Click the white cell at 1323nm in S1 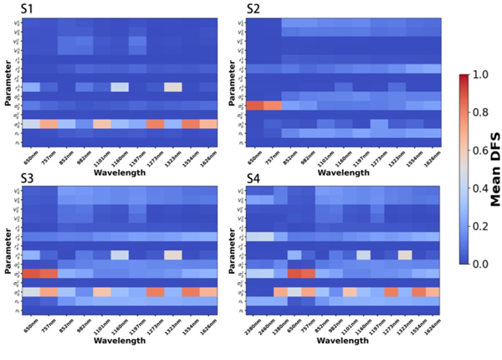click(172, 86)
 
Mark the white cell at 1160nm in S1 click(120, 86)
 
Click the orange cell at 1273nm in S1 click(155, 123)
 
